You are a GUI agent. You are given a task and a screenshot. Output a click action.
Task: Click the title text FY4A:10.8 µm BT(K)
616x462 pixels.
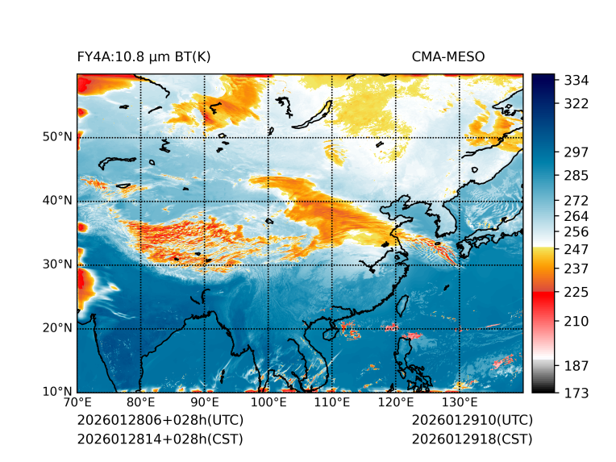[x=144, y=56]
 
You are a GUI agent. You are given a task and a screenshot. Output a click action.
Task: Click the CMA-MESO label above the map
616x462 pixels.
[x=447, y=56]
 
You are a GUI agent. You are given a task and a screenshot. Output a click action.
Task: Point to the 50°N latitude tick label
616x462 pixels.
[x=57, y=137]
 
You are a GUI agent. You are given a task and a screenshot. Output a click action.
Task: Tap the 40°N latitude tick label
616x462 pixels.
[x=57, y=201]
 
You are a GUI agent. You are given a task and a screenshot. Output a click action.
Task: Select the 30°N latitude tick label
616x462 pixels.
[x=57, y=264]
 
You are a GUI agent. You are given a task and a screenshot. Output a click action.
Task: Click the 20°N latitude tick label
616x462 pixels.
[x=57, y=328]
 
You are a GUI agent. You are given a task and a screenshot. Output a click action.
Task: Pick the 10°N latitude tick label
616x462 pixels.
[x=57, y=392]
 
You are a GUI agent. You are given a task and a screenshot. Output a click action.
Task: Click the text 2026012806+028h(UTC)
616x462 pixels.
[x=160, y=421]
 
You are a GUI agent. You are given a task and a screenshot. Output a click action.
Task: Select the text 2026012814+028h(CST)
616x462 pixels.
[x=160, y=439]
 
